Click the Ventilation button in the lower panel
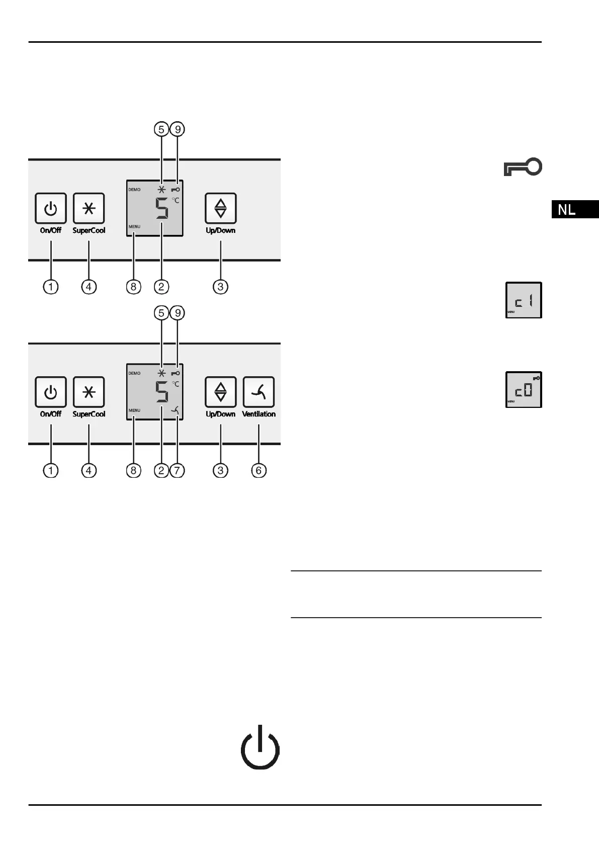tap(259, 392)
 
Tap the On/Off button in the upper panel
tap(51, 208)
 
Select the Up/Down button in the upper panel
tap(220, 208)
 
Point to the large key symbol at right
tap(523, 167)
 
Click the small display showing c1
tap(524, 300)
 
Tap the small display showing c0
tap(524, 390)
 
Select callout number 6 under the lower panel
tap(259, 470)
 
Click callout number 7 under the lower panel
tap(178, 470)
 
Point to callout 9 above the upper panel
tap(178, 129)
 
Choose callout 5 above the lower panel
tap(161, 313)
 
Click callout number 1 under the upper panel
tap(51, 287)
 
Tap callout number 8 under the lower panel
tap(133, 470)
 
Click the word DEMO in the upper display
tap(134, 190)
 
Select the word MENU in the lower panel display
tap(134, 410)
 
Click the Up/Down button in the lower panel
tap(220, 392)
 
